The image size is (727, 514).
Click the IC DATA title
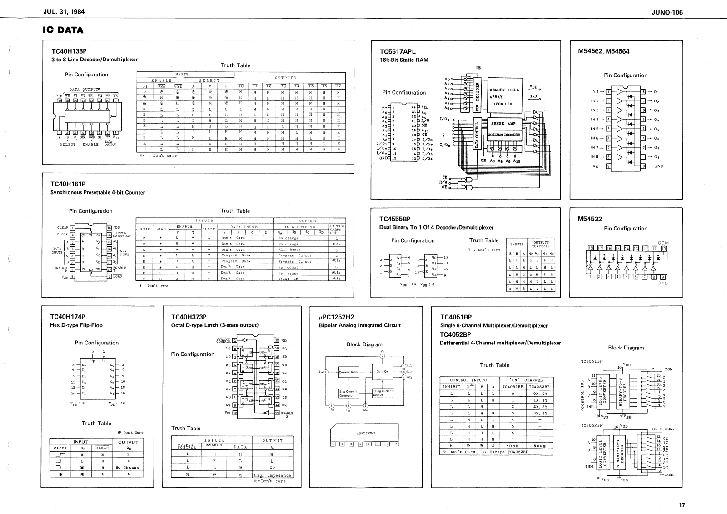(63, 30)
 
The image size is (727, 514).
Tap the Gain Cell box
(383, 372)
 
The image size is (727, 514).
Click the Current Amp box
(349, 372)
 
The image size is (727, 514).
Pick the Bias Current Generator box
(349, 393)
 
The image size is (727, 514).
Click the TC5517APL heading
(398, 52)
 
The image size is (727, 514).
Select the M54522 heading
(590, 219)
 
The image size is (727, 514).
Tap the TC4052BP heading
(455, 334)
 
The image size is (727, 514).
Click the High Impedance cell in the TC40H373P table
(272, 475)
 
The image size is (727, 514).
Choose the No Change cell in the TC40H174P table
(127, 467)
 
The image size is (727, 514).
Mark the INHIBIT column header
(452, 387)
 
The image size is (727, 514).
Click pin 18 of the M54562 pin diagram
(642, 92)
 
